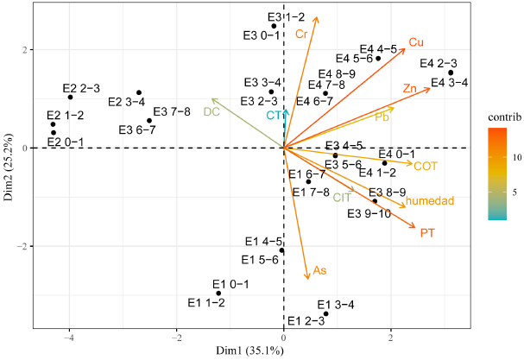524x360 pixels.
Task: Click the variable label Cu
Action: pyautogui.click(x=416, y=41)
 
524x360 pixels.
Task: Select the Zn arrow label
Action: pyautogui.click(x=411, y=89)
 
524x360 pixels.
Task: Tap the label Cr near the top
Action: pyautogui.click(x=301, y=34)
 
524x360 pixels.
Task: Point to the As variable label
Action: pyautogui.click(x=319, y=271)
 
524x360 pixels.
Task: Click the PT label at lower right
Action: pyautogui.click(x=426, y=233)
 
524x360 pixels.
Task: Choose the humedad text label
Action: pyautogui.click(x=430, y=201)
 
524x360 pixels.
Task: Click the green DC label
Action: pyautogui.click(x=212, y=111)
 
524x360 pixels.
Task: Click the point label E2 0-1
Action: pyautogui.click(x=66, y=142)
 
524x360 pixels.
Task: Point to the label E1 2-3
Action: pyautogui.click(x=306, y=321)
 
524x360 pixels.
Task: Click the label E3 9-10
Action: pyautogui.click(x=369, y=214)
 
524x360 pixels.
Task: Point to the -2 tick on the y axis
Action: pyautogui.click(x=19, y=247)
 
